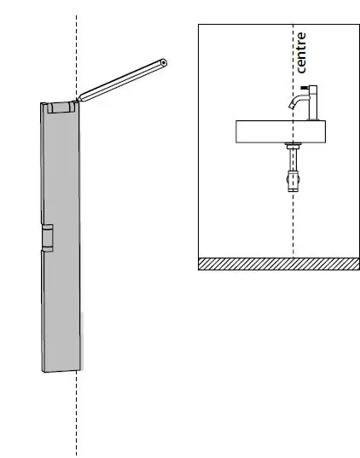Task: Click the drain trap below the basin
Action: click(293, 180)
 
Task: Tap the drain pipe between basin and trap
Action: click(293, 158)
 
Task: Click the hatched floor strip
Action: click(278, 264)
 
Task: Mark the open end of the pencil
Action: click(163, 63)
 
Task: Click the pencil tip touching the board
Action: click(78, 101)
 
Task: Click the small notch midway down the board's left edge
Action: click(47, 238)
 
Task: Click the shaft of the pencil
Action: click(119, 83)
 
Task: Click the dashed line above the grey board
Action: click(77, 51)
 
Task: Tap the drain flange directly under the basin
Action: click(293, 146)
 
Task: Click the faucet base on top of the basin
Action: click(312, 118)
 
